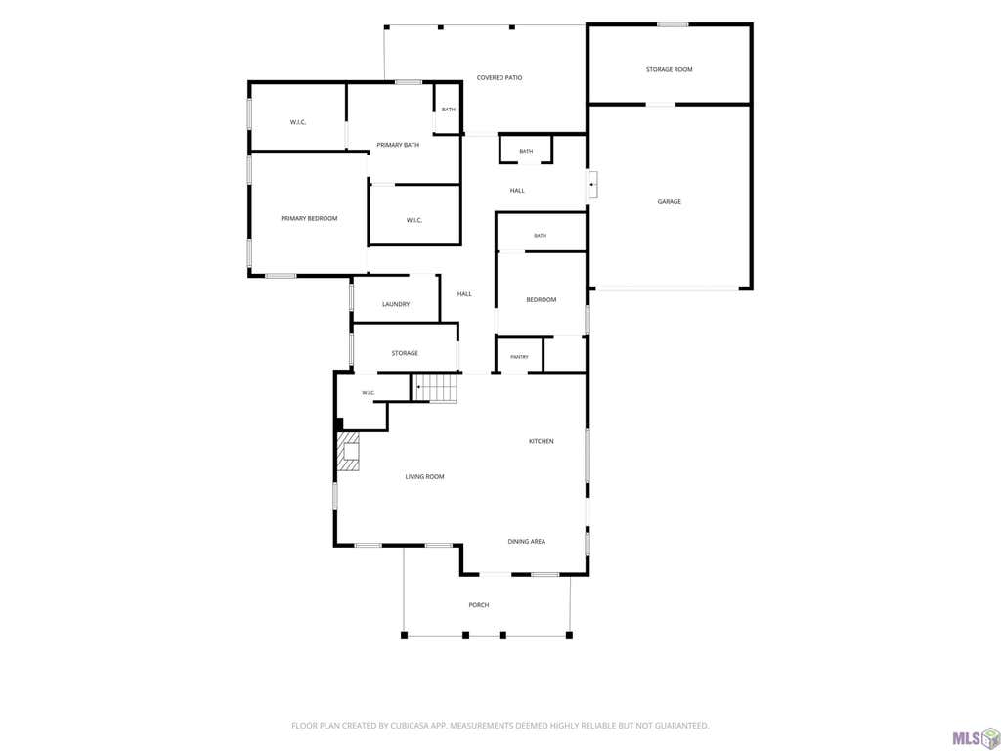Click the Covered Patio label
coord(500,78)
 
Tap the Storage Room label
coord(669,69)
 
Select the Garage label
coord(669,201)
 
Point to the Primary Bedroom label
coord(309,218)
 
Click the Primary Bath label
coord(398,145)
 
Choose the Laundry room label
coord(396,305)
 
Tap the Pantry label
coord(520,357)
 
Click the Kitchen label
coord(542,441)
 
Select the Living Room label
coord(424,477)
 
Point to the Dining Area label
coord(527,542)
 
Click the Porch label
coord(479,605)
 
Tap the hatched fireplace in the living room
coord(348,452)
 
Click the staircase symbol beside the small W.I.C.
coord(435,388)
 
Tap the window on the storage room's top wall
coord(673,24)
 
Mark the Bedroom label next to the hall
coord(542,300)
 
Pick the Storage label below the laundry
coord(405,353)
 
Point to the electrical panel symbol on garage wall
coord(593,184)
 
